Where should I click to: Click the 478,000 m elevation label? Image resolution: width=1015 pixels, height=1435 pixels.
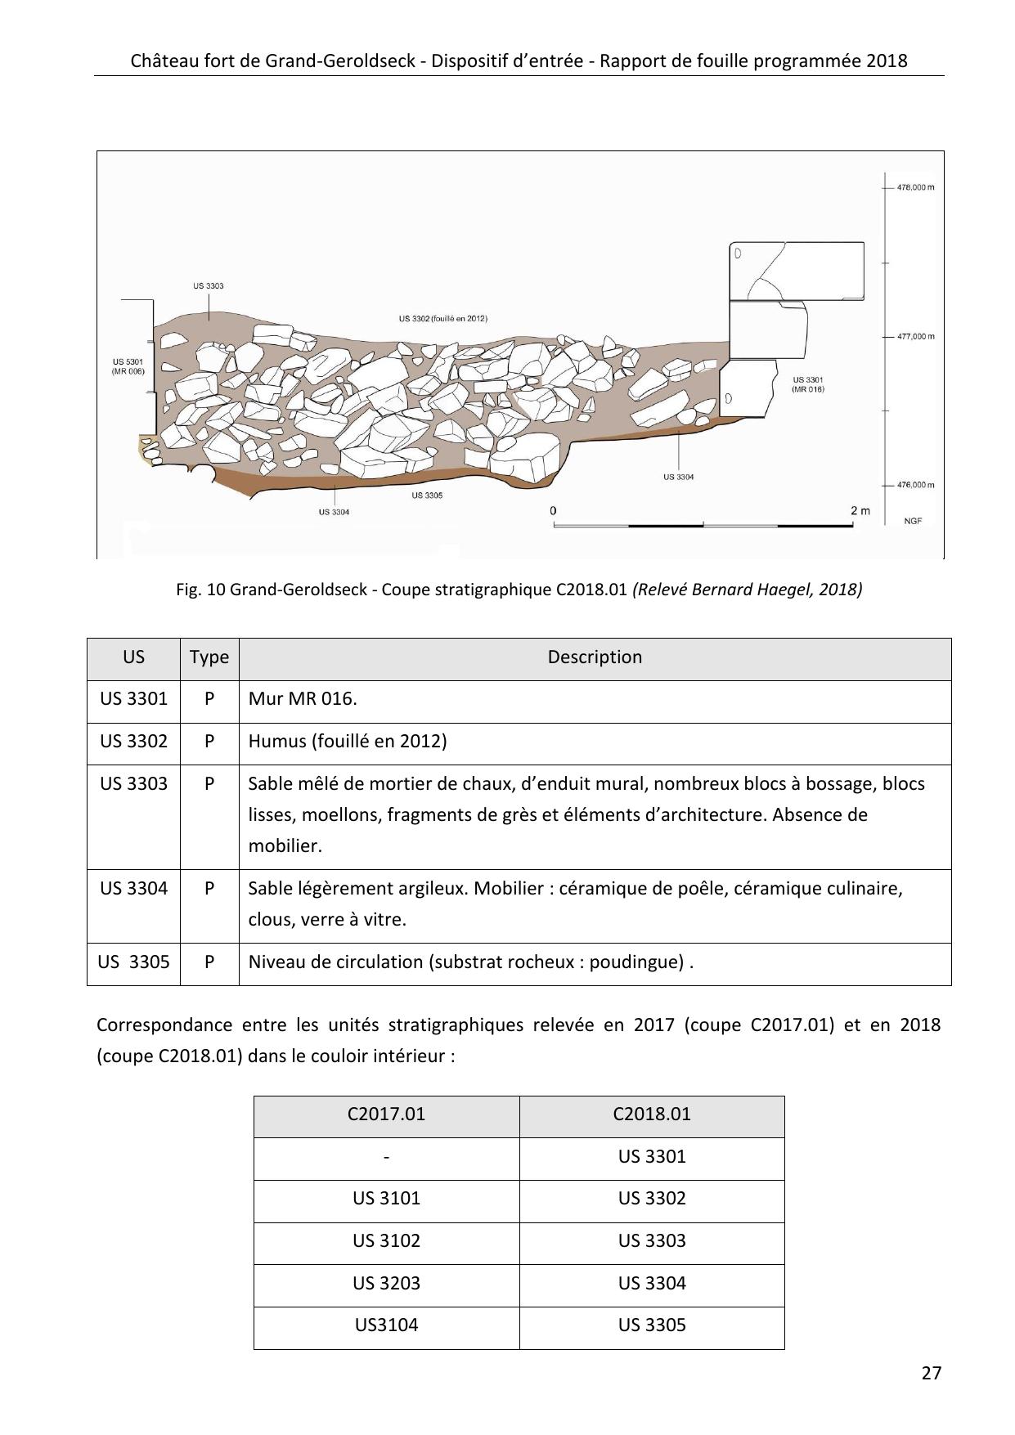click(x=915, y=187)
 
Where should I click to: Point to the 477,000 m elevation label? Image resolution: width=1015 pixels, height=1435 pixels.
click(x=915, y=336)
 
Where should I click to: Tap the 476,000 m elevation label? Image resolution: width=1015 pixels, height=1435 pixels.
click(x=915, y=485)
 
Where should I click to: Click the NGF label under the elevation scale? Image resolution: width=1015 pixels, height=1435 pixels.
click(x=913, y=521)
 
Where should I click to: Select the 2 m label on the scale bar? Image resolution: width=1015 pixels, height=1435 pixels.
click(x=860, y=511)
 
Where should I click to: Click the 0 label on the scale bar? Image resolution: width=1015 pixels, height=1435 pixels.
click(x=554, y=511)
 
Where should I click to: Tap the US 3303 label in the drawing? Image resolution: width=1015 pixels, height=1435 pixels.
click(x=209, y=286)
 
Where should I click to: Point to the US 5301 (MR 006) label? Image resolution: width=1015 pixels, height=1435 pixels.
click(x=128, y=366)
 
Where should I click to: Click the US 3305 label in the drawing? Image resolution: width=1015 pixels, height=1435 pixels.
click(x=427, y=496)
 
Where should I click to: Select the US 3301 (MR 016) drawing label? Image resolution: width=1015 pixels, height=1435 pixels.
click(x=808, y=385)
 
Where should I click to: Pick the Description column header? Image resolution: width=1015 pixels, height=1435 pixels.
click(x=595, y=657)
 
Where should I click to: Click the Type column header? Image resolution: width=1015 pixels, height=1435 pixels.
click(x=209, y=657)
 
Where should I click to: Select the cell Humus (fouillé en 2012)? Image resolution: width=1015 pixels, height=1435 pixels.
click(x=348, y=742)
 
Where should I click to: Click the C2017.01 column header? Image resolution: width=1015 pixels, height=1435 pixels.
click(x=386, y=1114)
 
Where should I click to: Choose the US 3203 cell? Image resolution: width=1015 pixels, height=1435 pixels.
click(x=386, y=1284)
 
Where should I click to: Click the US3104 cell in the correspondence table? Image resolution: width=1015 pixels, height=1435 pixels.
click(x=386, y=1325)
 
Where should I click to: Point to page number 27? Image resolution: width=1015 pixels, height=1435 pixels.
click(x=931, y=1373)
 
